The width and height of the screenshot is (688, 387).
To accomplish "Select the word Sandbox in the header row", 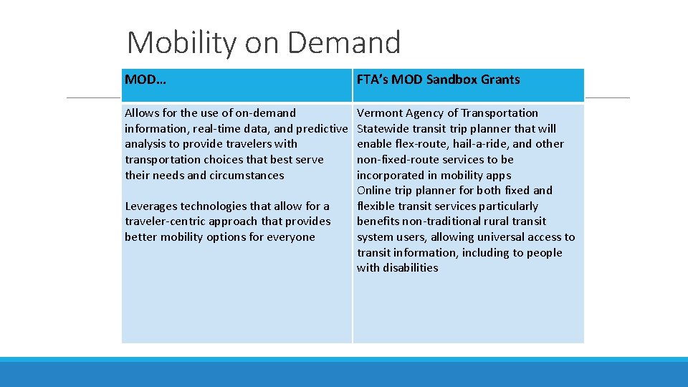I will (454, 80).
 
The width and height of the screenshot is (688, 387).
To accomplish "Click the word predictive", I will (322, 129).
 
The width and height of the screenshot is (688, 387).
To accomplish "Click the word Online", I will (374, 191).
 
